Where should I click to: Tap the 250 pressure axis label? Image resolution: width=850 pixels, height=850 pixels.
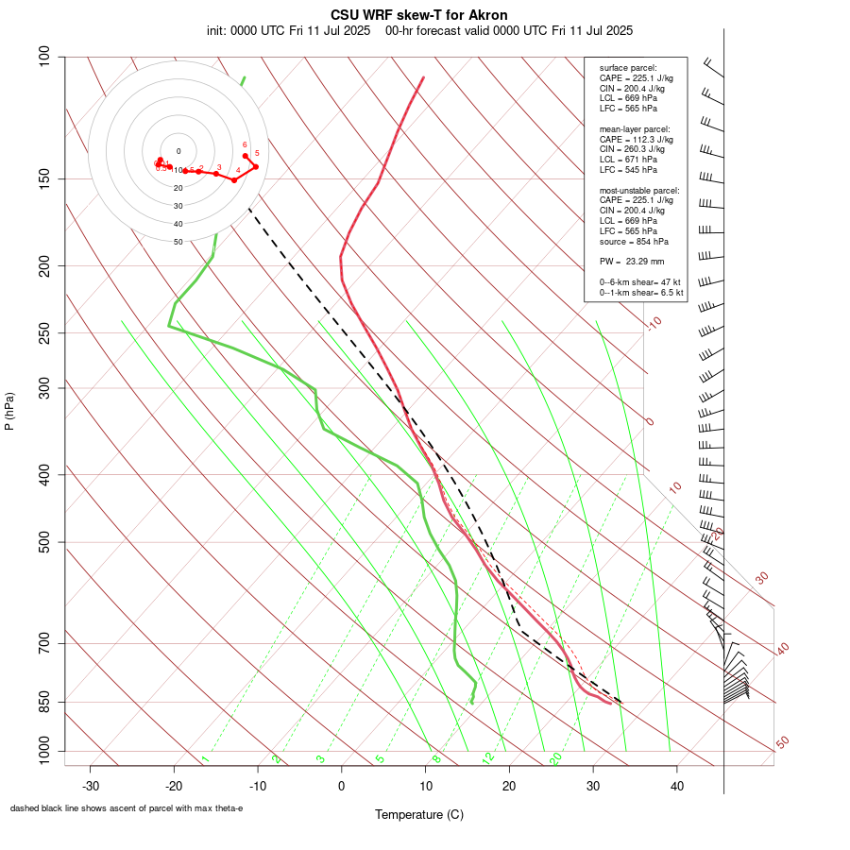pyautogui.click(x=45, y=332)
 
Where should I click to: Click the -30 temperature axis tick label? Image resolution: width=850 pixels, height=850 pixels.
pyautogui.click(x=91, y=786)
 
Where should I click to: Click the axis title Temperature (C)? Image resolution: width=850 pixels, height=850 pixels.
pyautogui.click(x=419, y=814)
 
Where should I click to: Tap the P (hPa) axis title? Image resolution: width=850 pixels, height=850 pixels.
pyautogui.click(x=9, y=411)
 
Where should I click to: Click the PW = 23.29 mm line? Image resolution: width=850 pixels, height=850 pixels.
pyautogui.click(x=632, y=261)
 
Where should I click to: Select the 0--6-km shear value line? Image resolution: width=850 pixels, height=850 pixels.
pyautogui.click(x=639, y=282)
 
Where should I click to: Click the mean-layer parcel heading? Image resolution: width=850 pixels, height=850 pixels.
pyautogui.click(x=635, y=128)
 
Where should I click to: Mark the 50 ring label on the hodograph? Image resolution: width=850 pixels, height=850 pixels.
pyautogui.click(x=178, y=242)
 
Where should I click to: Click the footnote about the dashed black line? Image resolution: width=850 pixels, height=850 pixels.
pyautogui.click(x=127, y=808)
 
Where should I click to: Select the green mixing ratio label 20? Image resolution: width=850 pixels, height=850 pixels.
pyautogui.click(x=555, y=757)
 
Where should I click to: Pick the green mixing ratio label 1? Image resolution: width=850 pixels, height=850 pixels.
pyautogui.click(x=204, y=759)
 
